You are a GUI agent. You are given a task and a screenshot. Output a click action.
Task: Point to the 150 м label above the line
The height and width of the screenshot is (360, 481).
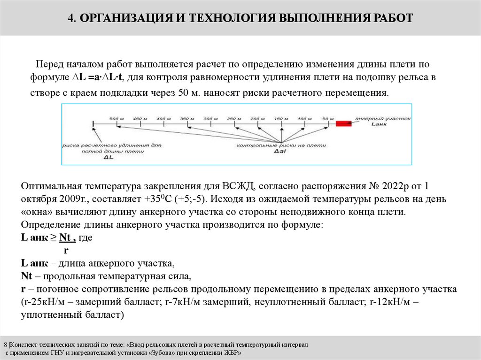point(281,118)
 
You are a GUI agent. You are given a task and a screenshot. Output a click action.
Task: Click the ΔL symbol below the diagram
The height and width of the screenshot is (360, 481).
point(109,158)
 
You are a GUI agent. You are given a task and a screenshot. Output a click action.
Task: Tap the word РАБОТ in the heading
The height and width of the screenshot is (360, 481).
point(392,18)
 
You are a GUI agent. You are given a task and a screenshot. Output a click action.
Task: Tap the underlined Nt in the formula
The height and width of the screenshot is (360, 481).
point(67,238)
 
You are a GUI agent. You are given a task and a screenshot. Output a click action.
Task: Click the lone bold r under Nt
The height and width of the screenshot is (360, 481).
point(66,250)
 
